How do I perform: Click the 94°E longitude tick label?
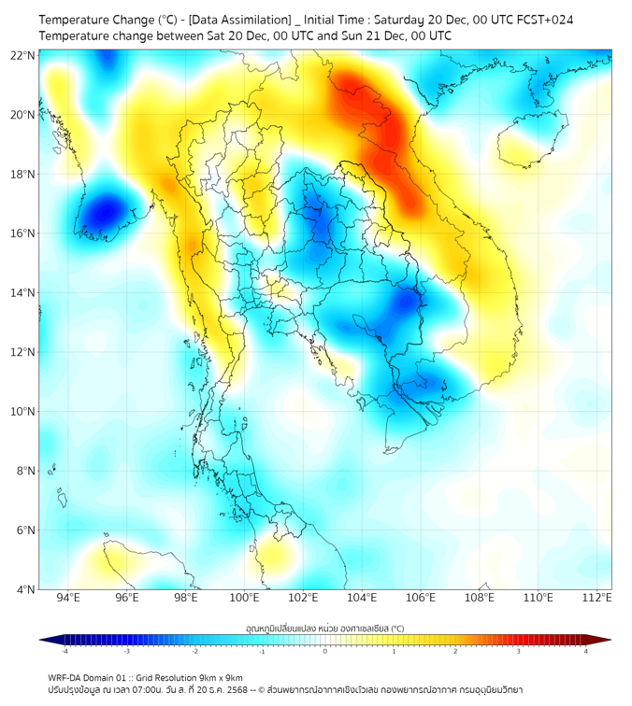click(x=68, y=598)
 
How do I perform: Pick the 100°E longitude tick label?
click(x=245, y=598)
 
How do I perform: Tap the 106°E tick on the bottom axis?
click(x=421, y=598)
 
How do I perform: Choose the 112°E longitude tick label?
click(x=597, y=598)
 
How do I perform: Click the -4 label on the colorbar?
click(x=64, y=651)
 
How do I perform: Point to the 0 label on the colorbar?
click(x=325, y=651)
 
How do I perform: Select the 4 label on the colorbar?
click(x=586, y=651)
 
